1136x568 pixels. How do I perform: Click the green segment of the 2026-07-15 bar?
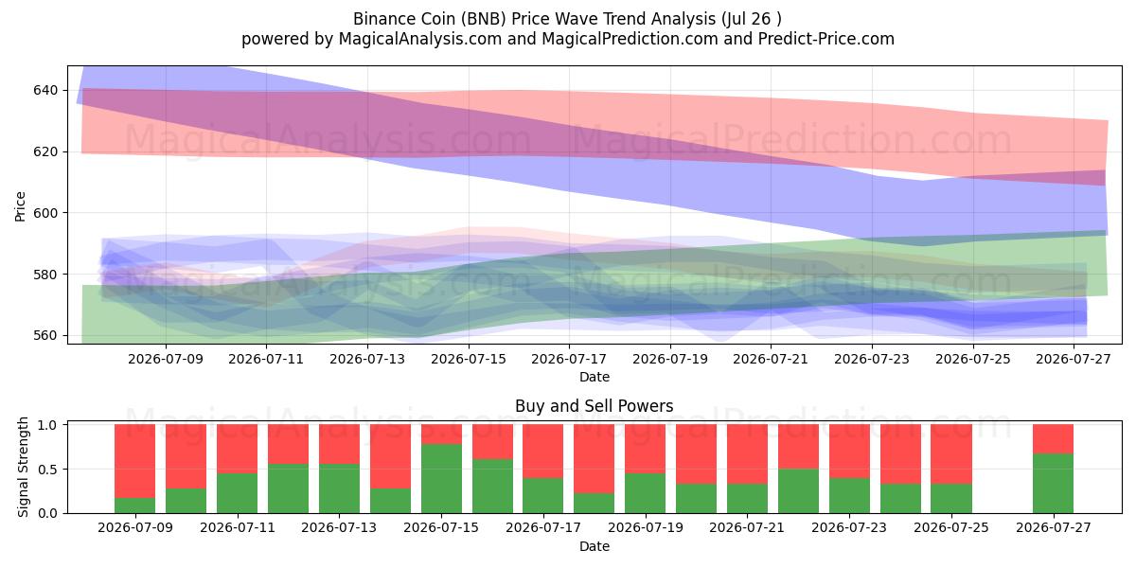coord(441,479)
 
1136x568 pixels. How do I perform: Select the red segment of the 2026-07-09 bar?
coord(134,461)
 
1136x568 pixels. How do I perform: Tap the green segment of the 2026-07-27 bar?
coord(1053,484)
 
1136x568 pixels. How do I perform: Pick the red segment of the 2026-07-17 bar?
coord(542,451)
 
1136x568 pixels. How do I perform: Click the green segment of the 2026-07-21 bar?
coord(747,499)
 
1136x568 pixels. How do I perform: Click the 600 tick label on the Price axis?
coord(46,213)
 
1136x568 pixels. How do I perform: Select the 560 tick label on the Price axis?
coord(46,336)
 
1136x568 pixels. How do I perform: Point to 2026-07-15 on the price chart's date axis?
coord(469,359)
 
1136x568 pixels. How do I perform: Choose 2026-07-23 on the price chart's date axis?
coord(872,359)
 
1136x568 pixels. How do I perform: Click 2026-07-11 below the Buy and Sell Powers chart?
coord(238,528)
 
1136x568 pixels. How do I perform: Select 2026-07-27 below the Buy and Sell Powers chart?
coord(1054,528)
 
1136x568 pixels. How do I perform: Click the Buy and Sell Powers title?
coord(595,406)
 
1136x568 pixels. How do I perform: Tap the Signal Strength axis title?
coord(23,467)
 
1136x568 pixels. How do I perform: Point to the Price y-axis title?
coord(20,206)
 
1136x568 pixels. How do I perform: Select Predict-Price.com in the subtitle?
coord(826,39)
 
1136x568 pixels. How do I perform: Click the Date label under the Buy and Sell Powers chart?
coord(595,547)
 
